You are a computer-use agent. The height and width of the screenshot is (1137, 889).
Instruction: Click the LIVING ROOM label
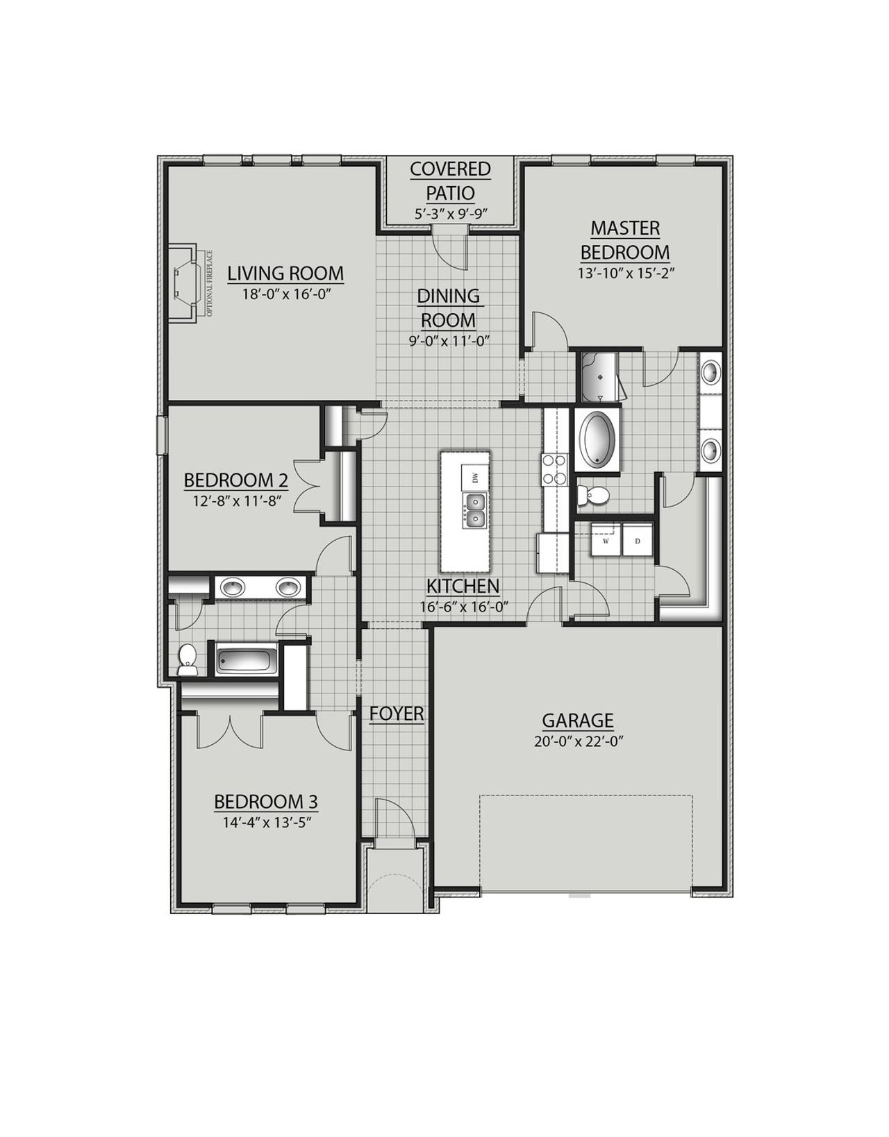coord(285,273)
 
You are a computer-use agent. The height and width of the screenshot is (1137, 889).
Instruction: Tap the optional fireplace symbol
coord(185,283)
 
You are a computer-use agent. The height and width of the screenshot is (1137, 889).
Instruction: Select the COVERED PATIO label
coord(449,180)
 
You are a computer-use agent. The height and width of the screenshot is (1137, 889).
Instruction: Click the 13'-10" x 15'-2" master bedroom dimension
coord(626,273)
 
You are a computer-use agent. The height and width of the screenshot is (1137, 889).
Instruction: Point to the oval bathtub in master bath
coord(597,440)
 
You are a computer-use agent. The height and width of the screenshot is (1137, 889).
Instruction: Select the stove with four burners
coord(556,468)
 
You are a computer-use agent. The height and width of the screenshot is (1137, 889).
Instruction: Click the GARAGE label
coord(578,720)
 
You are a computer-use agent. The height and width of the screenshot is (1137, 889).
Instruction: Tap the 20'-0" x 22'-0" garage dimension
coord(578,741)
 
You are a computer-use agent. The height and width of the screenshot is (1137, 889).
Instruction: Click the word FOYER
coord(397,714)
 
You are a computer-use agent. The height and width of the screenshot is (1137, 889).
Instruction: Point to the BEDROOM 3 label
coord(266,802)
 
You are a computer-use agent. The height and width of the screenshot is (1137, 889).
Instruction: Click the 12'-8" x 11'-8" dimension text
coord(236,500)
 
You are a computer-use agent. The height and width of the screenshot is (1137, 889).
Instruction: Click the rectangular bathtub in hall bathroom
coord(246,659)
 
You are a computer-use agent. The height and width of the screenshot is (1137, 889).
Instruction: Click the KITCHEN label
coord(463,586)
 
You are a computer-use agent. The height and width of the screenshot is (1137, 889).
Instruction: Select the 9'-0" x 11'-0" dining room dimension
coord(448,341)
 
